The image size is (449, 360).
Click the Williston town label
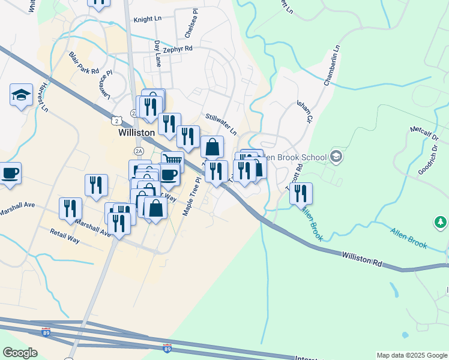[x=136, y=132]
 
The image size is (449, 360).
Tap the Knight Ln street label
[x=148, y=19]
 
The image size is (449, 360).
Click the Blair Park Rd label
[x=83, y=63]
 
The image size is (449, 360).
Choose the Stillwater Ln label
[x=221, y=124]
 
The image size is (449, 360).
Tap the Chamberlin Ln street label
[x=333, y=65]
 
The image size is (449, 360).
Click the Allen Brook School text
[x=295, y=157]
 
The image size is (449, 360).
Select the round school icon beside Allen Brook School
[x=336, y=157]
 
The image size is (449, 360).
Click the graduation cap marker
[x=21, y=95]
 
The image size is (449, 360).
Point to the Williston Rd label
[x=362, y=259]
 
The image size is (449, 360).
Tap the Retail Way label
[x=65, y=236]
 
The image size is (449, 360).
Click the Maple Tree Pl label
[x=191, y=196]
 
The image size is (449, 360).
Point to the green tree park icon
[x=441, y=223]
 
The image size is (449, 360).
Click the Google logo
[x=19, y=353]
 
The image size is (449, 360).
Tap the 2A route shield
[x=139, y=151]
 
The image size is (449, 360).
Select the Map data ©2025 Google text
[x=411, y=355]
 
